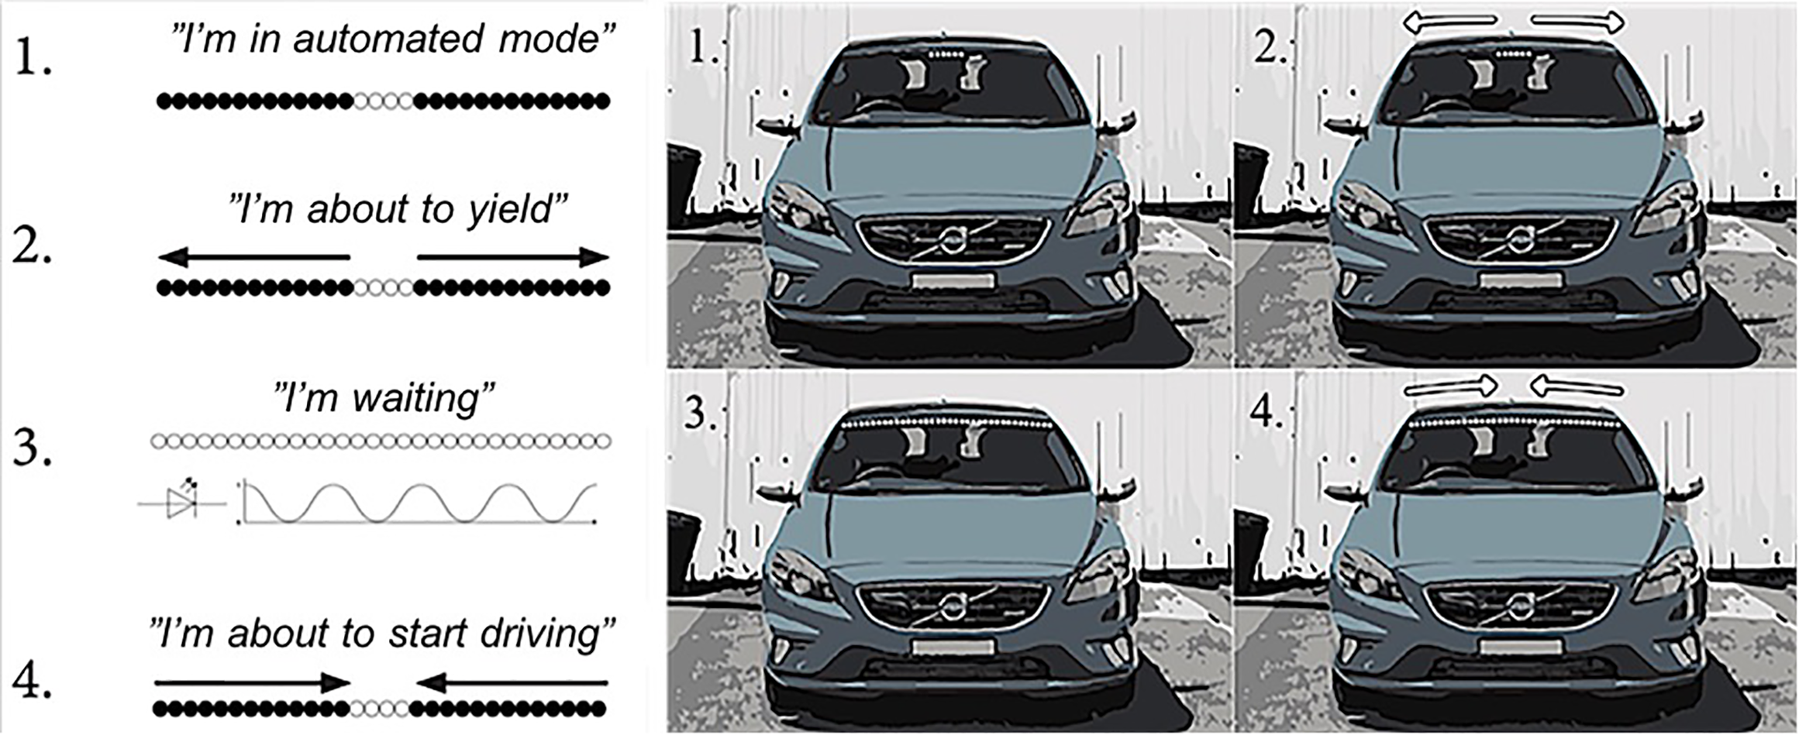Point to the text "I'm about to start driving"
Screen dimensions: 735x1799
pos(383,634)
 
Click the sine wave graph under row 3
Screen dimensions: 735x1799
pos(419,503)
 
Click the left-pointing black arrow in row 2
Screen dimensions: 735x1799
pos(254,256)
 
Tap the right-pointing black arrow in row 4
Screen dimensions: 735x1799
pos(253,682)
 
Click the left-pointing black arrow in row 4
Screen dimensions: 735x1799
pos(512,682)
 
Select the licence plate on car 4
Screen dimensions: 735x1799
pos(1520,647)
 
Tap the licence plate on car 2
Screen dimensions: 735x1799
pos(1520,280)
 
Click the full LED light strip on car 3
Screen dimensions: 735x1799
pos(947,424)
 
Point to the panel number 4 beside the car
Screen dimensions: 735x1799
pos(1267,412)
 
